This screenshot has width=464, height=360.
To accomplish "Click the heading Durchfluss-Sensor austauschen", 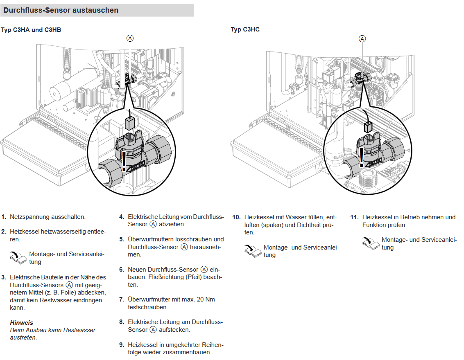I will point(61,10).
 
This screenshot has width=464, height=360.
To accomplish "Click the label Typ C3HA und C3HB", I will point(31,29).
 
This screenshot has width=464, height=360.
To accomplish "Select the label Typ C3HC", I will point(245,29).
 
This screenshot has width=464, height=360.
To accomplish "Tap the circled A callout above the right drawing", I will point(362,38).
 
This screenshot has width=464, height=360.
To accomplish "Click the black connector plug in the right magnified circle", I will point(367,127).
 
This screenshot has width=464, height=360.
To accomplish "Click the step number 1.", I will point(4,217).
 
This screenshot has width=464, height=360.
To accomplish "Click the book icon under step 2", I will point(18,257).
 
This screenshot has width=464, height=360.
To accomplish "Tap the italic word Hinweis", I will point(21,323).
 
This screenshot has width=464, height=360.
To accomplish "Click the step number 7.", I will point(121,299).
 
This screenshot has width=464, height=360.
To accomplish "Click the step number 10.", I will point(236,217).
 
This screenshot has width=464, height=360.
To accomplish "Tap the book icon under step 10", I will point(252,250).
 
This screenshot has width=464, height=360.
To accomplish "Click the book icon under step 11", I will point(370,243).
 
